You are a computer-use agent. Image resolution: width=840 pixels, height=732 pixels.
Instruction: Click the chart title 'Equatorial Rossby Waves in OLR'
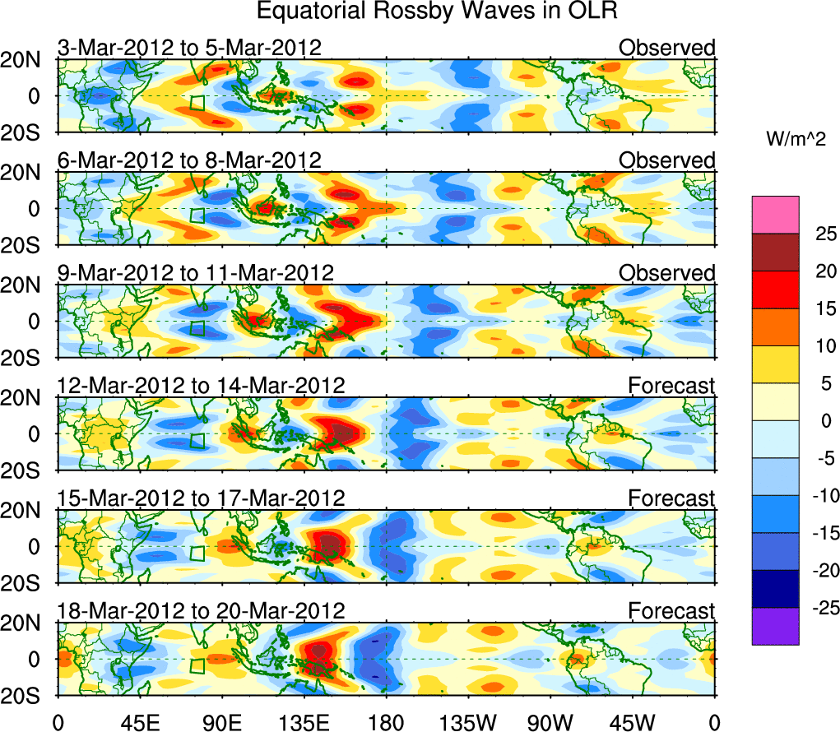click(436, 12)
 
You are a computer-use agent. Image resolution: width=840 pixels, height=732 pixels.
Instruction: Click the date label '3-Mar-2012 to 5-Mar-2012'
click(189, 48)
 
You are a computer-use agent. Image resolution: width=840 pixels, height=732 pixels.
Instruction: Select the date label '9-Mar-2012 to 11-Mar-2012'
click(196, 272)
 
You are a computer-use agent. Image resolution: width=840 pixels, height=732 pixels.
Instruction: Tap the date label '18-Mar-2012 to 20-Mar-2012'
click(202, 610)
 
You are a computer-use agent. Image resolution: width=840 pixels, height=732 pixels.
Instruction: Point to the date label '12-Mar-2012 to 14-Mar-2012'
click(202, 385)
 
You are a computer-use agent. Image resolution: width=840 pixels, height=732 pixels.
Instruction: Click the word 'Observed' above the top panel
click(667, 48)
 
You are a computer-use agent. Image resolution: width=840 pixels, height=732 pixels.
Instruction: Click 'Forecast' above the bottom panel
click(672, 610)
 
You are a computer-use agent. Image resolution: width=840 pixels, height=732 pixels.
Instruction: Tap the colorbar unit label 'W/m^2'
click(796, 140)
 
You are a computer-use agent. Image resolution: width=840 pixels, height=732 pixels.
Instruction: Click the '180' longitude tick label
click(387, 722)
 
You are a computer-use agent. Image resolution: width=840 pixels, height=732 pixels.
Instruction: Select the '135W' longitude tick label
click(469, 722)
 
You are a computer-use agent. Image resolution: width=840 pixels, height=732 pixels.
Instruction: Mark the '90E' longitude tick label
click(222, 722)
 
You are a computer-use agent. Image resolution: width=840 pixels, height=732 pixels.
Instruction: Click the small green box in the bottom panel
click(197, 665)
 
